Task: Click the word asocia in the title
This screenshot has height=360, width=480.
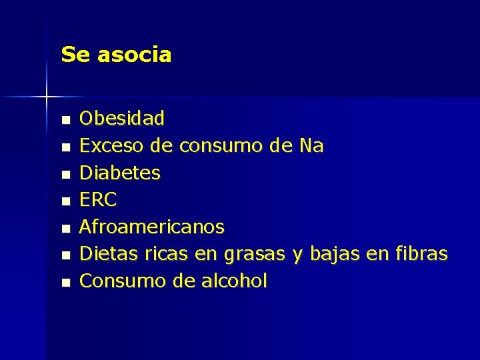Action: tap(134, 55)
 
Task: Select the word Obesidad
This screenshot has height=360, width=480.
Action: tap(122, 119)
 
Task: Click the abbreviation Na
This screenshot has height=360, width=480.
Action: tap(310, 146)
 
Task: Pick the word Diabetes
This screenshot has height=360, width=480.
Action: tap(120, 173)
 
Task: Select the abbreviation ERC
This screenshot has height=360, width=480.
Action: tap(98, 200)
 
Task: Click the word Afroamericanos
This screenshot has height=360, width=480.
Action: tap(152, 227)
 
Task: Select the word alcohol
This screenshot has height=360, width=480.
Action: tap(234, 281)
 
